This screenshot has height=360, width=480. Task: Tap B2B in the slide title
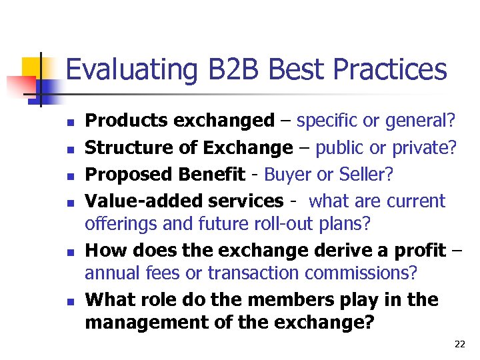pos(223,69)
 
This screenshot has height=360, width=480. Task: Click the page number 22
pos(459,344)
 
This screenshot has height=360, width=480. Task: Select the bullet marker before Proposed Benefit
pos(69,176)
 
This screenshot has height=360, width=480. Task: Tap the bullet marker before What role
pos(69,301)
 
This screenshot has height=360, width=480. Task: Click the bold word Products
pos(127,121)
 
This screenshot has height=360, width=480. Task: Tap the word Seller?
pos(369,175)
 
